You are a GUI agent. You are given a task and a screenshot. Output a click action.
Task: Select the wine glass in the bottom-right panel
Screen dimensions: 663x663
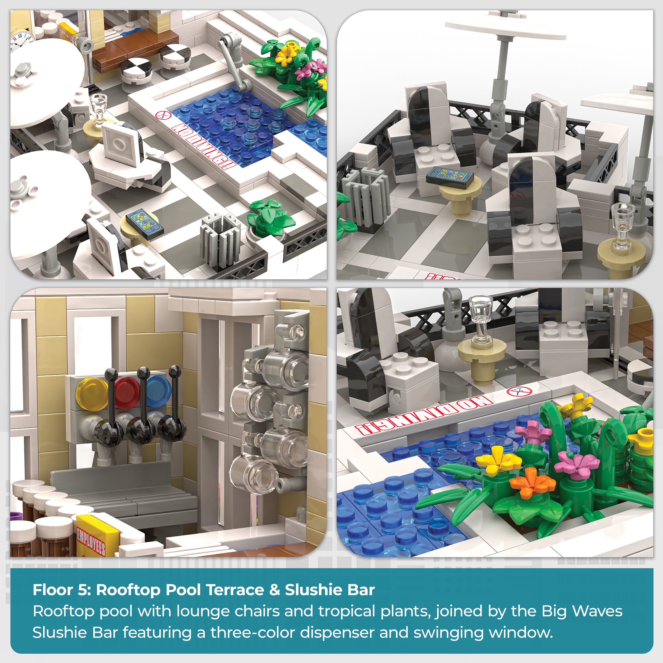click(481, 319)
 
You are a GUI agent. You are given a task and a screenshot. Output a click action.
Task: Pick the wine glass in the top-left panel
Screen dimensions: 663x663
click(99, 108)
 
